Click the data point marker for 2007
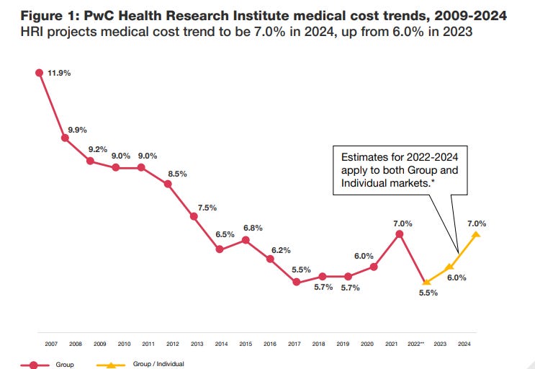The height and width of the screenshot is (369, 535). pyautogui.click(x=39, y=72)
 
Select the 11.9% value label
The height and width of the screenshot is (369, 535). pyautogui.click(x=59, y=73)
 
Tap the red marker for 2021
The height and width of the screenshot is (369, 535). pyautogui.click(x=400, y=234)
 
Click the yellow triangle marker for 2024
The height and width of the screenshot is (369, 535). pyautogui.click(x=476, y=234)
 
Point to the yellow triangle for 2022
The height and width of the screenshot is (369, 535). pyautogui.click(x=426, y=282)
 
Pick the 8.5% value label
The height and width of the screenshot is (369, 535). pyautogui.click(x=178, y=173)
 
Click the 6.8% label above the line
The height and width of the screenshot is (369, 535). pyautogui.click(x=252, y=228)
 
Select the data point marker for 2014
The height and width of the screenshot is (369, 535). pyautogui.click(x=220, y=249)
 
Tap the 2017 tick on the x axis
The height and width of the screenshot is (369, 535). pyautogui.click(x=294, y=344)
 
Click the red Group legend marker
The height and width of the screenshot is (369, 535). pyautogui.click(x=35, y=365)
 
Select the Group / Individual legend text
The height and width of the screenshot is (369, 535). pyautogui.click(x=158, y=365)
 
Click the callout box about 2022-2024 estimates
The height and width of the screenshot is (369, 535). pyautogui.click(x=400, y=172)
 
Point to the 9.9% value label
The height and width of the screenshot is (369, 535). pyautogui.click(x=78, y=130)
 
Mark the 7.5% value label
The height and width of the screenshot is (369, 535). pyautogui.click(x=207, y=208)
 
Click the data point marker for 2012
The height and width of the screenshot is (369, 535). pyautogui.click(x=168, y=184)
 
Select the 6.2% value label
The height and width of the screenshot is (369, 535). pyautogui.click(x=282, y=249)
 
